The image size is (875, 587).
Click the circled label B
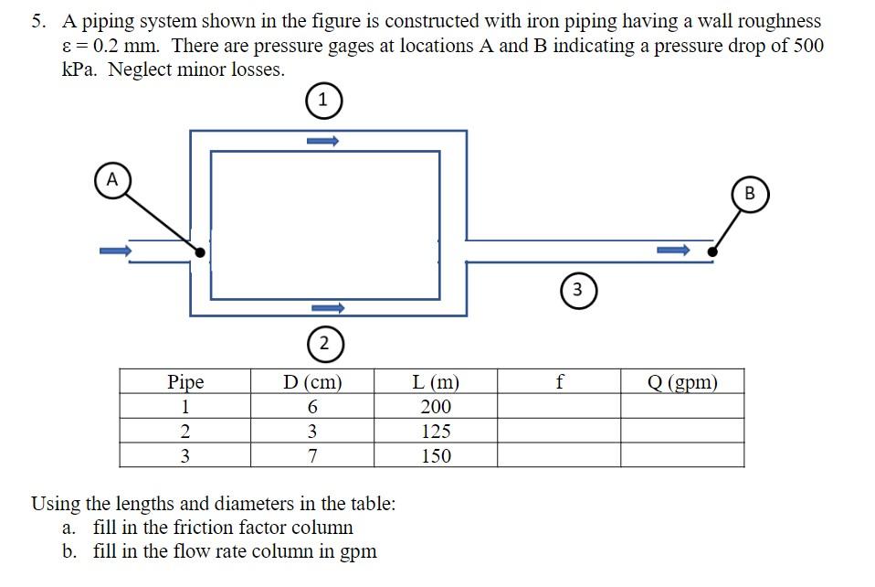coord(750,193)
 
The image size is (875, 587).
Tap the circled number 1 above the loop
coord(322,101)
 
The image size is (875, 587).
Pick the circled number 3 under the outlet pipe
coord(577,290)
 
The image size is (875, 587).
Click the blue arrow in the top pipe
coord(322,141)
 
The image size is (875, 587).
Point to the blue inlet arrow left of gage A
coord(115,251)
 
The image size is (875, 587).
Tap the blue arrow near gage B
coord(673,250)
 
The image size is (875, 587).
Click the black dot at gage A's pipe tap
coord(200,251)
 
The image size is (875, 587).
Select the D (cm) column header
coord(312,382)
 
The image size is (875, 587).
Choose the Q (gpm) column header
coord(682,382)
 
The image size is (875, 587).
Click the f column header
coord(559,382)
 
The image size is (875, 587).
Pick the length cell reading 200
coord(436,407)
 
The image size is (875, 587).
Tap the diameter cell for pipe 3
coord(312,455)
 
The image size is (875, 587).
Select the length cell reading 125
coord(436,432)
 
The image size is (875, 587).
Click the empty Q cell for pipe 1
coord(682,407)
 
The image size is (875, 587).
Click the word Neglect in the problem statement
coord(138,70)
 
